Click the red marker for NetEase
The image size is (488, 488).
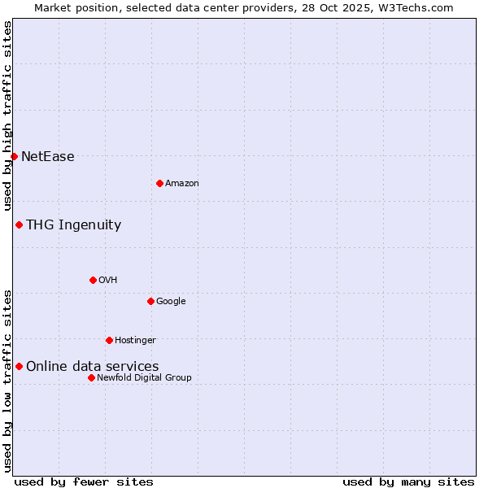click(14, 156)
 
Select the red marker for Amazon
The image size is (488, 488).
click(159, 183)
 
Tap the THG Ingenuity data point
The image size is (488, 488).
click(19, 224)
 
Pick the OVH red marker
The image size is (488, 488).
click(93, 280)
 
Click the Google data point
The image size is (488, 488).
click(150, 301)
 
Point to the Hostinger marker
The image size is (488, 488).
click(109, 340)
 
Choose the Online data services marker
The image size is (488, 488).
click(19, 366)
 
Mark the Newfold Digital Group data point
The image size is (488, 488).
click(91, 377)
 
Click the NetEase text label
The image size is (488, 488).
click(48, 157)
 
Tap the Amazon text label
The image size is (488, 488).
click(182, 184)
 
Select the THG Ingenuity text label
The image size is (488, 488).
click(73, 225)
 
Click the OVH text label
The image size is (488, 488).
click(108, 281)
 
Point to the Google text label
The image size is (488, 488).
click(171, 302)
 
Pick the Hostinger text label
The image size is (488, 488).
click(135, 341)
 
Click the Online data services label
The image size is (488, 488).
click(92, 367)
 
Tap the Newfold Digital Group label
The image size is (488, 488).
click(144, 378)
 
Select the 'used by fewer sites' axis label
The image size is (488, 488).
click(84, 481)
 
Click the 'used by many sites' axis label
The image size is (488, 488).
click(408, 481)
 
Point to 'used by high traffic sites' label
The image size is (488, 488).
click(7, 115)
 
